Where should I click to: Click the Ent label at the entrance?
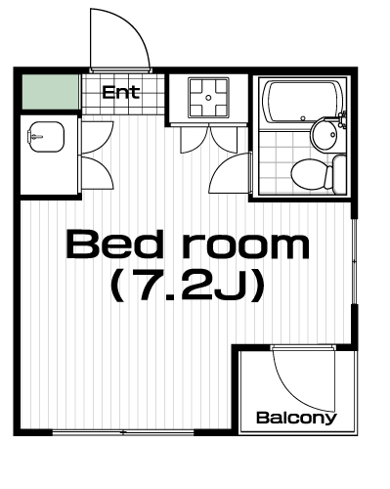pos(121,92)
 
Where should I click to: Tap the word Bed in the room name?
pos(114,244)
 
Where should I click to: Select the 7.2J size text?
pos(188,287)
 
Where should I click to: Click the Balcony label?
pos(296,418)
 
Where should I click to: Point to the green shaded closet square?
pos(51,92)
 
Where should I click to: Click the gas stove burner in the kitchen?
pos(208,97)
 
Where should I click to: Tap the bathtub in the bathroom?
pos(304,102)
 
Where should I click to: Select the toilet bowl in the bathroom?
pos(309,173)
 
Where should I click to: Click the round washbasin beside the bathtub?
pos(325,134)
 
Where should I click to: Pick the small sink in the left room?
pos(46,137)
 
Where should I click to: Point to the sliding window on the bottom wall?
pos(123,432)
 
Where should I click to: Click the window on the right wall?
pos(354,261)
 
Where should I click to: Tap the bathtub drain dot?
pos(303,118)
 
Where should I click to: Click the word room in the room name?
pos(245,246)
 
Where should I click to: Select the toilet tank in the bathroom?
pos(339,173)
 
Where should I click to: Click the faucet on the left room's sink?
pos(35,137)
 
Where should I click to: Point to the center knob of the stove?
pos(208,97)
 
